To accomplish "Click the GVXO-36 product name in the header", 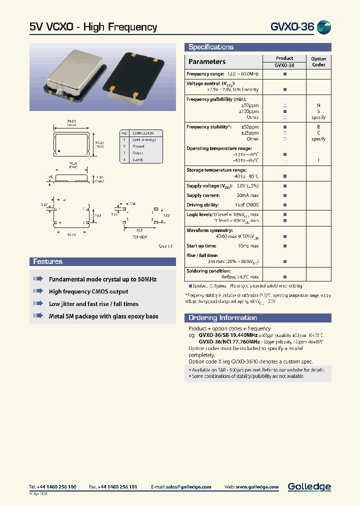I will coord(291,27).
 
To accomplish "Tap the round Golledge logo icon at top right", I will coord(324,27).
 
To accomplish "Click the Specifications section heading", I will coord(210,47).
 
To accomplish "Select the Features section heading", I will coord(48,261).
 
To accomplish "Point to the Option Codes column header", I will coord(318,61).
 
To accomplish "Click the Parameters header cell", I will coord(206,61).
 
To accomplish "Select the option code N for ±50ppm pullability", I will coord(318,105).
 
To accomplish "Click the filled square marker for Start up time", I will coord(285,246).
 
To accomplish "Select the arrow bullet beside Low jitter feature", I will coord(38,303).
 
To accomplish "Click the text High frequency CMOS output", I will coord(88,291).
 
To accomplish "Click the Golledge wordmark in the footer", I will coord(309,486).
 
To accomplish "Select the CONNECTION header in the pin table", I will coord(143,133).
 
